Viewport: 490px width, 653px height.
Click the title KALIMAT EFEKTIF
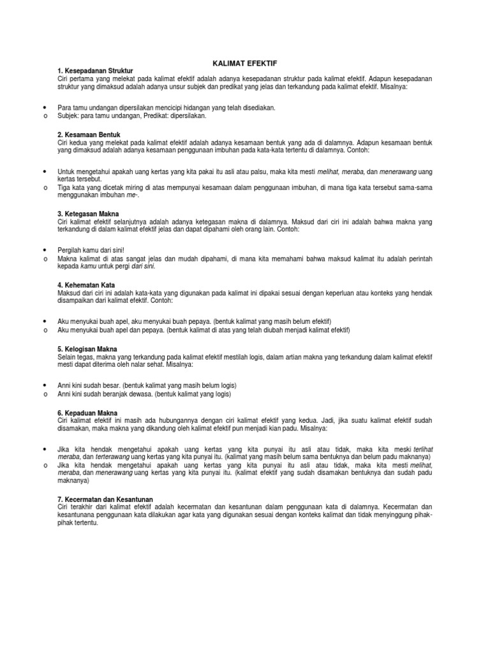244,63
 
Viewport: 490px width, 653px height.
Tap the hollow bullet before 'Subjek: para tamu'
44,117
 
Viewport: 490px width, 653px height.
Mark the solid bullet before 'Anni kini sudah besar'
44,386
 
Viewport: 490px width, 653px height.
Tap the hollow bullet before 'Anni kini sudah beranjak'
44,395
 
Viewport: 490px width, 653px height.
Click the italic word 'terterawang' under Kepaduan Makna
108,457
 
